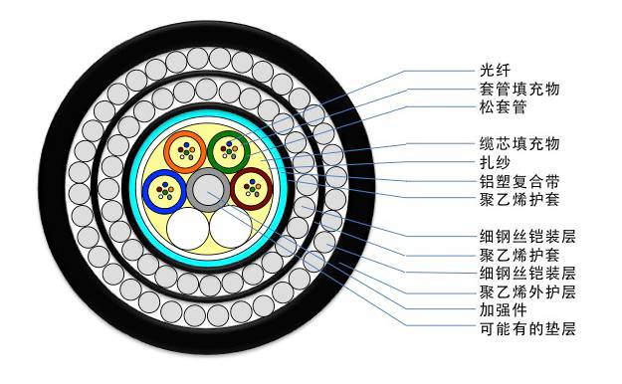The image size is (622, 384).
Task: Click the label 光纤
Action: point(494,71)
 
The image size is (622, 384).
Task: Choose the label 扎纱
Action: point(494,163)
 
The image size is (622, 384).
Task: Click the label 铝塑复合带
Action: point(518,182)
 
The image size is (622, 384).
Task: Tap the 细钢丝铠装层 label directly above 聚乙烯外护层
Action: point(526,274)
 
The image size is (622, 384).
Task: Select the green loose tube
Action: point(229,151)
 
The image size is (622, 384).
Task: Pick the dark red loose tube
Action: point(250,187)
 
